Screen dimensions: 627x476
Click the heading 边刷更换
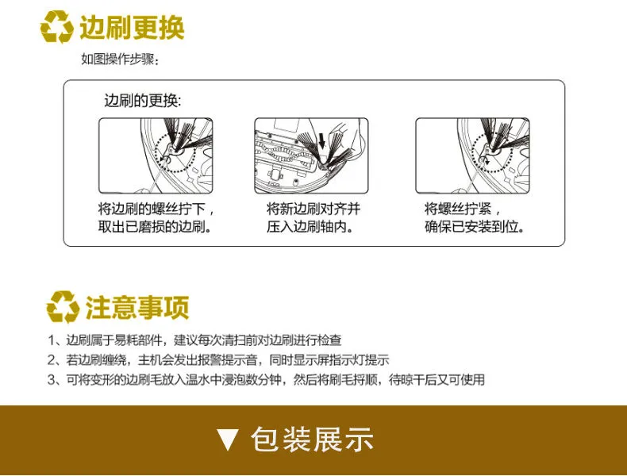click(132, 28)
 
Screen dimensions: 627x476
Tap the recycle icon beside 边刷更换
click(57, 27)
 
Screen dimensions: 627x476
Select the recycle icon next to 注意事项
click(63, 306)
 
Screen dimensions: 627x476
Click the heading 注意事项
click(137, 307)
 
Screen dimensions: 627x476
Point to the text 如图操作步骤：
click(120, 59)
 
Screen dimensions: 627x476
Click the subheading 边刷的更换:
click(143, 100)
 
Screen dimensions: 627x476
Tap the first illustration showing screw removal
click(156, 155)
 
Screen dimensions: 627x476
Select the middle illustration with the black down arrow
click(311, 155)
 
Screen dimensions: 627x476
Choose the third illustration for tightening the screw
click(473, 155)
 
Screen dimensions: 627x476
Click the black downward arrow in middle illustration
click(322, 140)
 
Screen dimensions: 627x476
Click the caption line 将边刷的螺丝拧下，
click(156, 209)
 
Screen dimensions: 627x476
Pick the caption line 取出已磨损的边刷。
click(155, 227)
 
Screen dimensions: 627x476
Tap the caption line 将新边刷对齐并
click(313, 209)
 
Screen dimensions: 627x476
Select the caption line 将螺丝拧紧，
click(462, 209)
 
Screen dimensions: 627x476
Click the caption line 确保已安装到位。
click(475, 227)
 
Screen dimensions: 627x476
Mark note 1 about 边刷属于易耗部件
click(194, 340)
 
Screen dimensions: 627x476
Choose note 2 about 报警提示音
click(218, 359)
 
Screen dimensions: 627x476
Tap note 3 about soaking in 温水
click(267, 379)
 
